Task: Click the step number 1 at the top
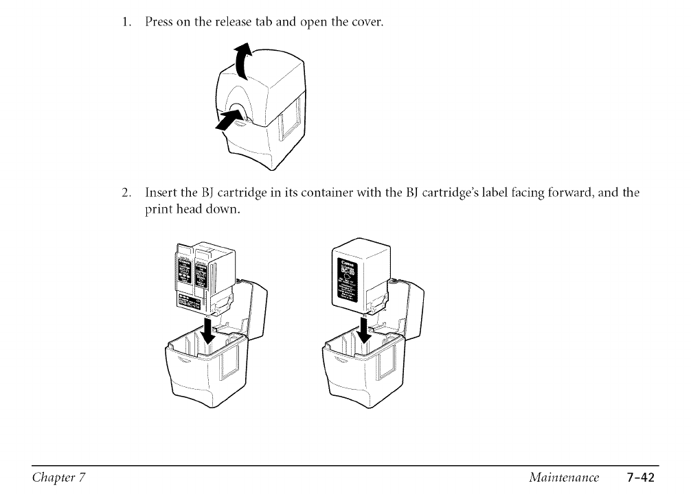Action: [126, 23]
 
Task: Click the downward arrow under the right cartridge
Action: [364, 330]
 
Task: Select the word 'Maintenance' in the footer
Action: [570, 477]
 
